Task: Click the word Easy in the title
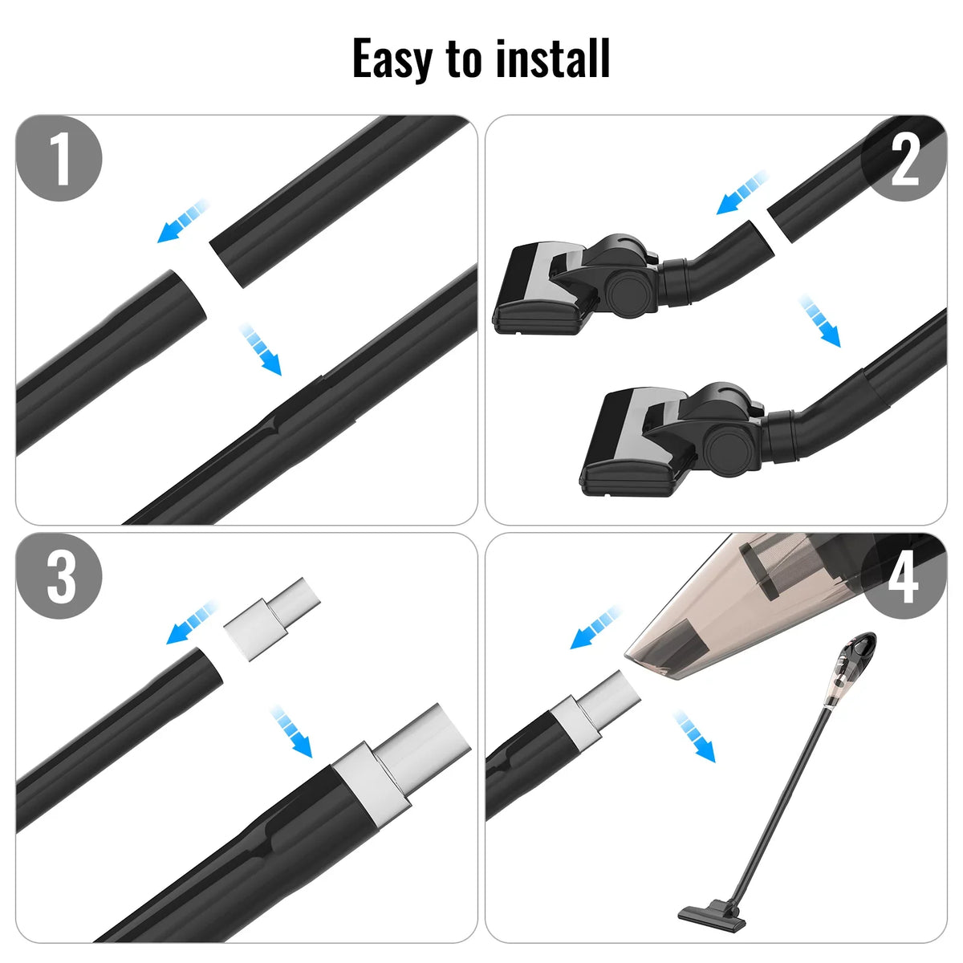[392, 59]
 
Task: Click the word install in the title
[553, 58]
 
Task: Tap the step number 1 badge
[59, 158]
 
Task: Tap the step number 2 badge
[904, 158]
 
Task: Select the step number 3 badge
[59, 576]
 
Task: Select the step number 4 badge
[904, 576]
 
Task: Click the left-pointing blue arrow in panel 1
[182, 221]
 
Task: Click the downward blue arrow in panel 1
[261, 349]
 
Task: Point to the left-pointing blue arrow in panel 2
[742, 193]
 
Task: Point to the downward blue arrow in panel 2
[820, 321]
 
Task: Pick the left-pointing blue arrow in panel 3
[192, 623]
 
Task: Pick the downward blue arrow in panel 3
[291, 731]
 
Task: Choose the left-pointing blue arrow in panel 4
[595, 628]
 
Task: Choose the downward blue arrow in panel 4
[694, 736]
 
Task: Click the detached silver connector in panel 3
[271, 620]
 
